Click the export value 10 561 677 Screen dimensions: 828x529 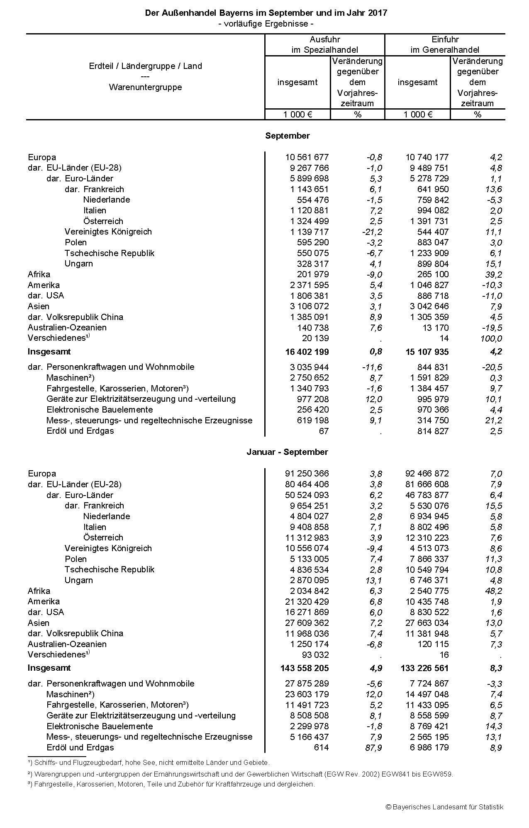307,157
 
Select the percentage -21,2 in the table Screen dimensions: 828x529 372,232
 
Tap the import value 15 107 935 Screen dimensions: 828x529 427,352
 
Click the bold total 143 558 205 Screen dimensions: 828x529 305,668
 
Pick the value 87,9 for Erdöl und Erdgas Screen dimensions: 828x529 374,747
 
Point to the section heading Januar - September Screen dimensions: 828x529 287,452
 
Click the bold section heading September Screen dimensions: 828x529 287,136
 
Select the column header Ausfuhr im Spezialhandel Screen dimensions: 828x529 324,45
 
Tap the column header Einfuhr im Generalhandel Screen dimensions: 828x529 445,45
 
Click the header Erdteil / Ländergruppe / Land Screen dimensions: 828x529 145,66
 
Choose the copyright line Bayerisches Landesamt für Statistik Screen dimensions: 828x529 444,807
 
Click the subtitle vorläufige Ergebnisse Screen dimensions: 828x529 266,24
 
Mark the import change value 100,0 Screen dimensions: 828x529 491,339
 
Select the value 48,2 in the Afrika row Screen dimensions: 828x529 494,591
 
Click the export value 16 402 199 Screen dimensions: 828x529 307,352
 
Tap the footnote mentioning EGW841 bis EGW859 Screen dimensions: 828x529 240,774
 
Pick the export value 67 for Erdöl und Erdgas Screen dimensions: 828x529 324,431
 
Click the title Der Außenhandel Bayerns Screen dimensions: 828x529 266,13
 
